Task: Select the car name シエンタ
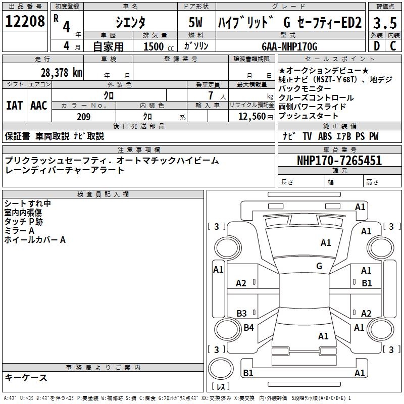[x=130, y=22]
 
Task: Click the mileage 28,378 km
[x=61, y=72]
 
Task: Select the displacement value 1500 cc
[x=157, y=46]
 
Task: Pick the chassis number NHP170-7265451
[x=339, y=161]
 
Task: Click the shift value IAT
[x=14, y=106]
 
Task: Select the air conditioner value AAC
[x=39, y=106]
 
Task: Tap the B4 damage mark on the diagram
[x=248, y=328]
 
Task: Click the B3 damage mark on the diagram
[x=241, y=313]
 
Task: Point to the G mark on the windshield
[x=319, y=266]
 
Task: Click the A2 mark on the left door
[x=241, y=283]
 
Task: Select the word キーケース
[x=26, y=378]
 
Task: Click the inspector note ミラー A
[x=20, y=231]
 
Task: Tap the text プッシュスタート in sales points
[x=308, y=116]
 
